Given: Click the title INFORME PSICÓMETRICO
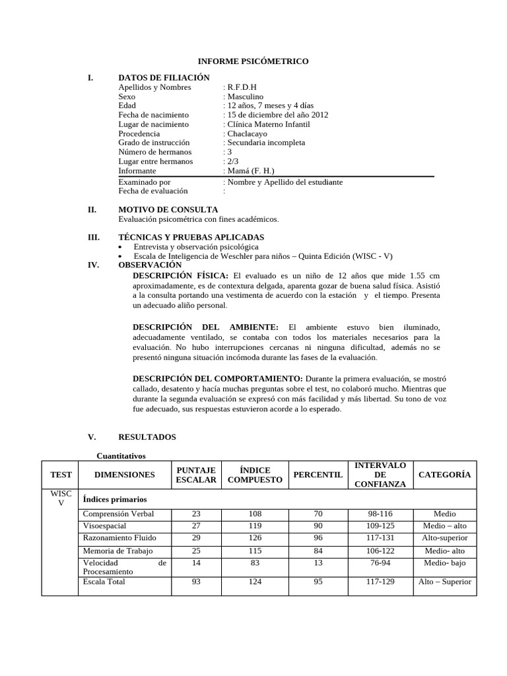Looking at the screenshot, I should pos(253,61).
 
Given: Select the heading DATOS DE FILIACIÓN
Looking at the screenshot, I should pos(163,78).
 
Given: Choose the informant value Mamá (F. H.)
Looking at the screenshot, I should pos(252,170).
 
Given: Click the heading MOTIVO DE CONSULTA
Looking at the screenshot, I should pos(168,209).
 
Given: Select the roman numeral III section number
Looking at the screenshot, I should pos(93,237).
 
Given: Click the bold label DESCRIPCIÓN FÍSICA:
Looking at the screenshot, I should pos(181,275).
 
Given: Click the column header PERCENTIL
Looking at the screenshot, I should pos(318,475).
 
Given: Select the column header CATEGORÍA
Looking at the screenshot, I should pos(444,475).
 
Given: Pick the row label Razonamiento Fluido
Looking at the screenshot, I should pos(119,537).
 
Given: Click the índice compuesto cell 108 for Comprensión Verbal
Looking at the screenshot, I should pos(255,514).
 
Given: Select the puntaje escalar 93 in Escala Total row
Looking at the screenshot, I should pos(195,582).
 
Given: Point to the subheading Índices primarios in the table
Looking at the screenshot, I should pos(114,499).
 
